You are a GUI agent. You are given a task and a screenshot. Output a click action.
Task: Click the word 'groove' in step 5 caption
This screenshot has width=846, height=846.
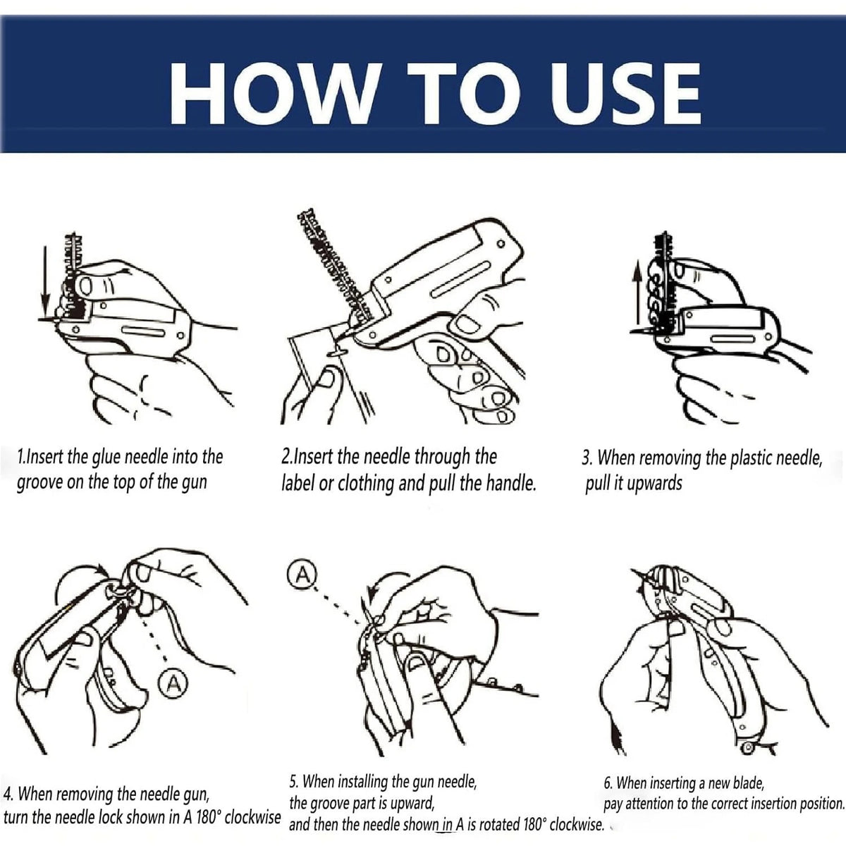(337, 803)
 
